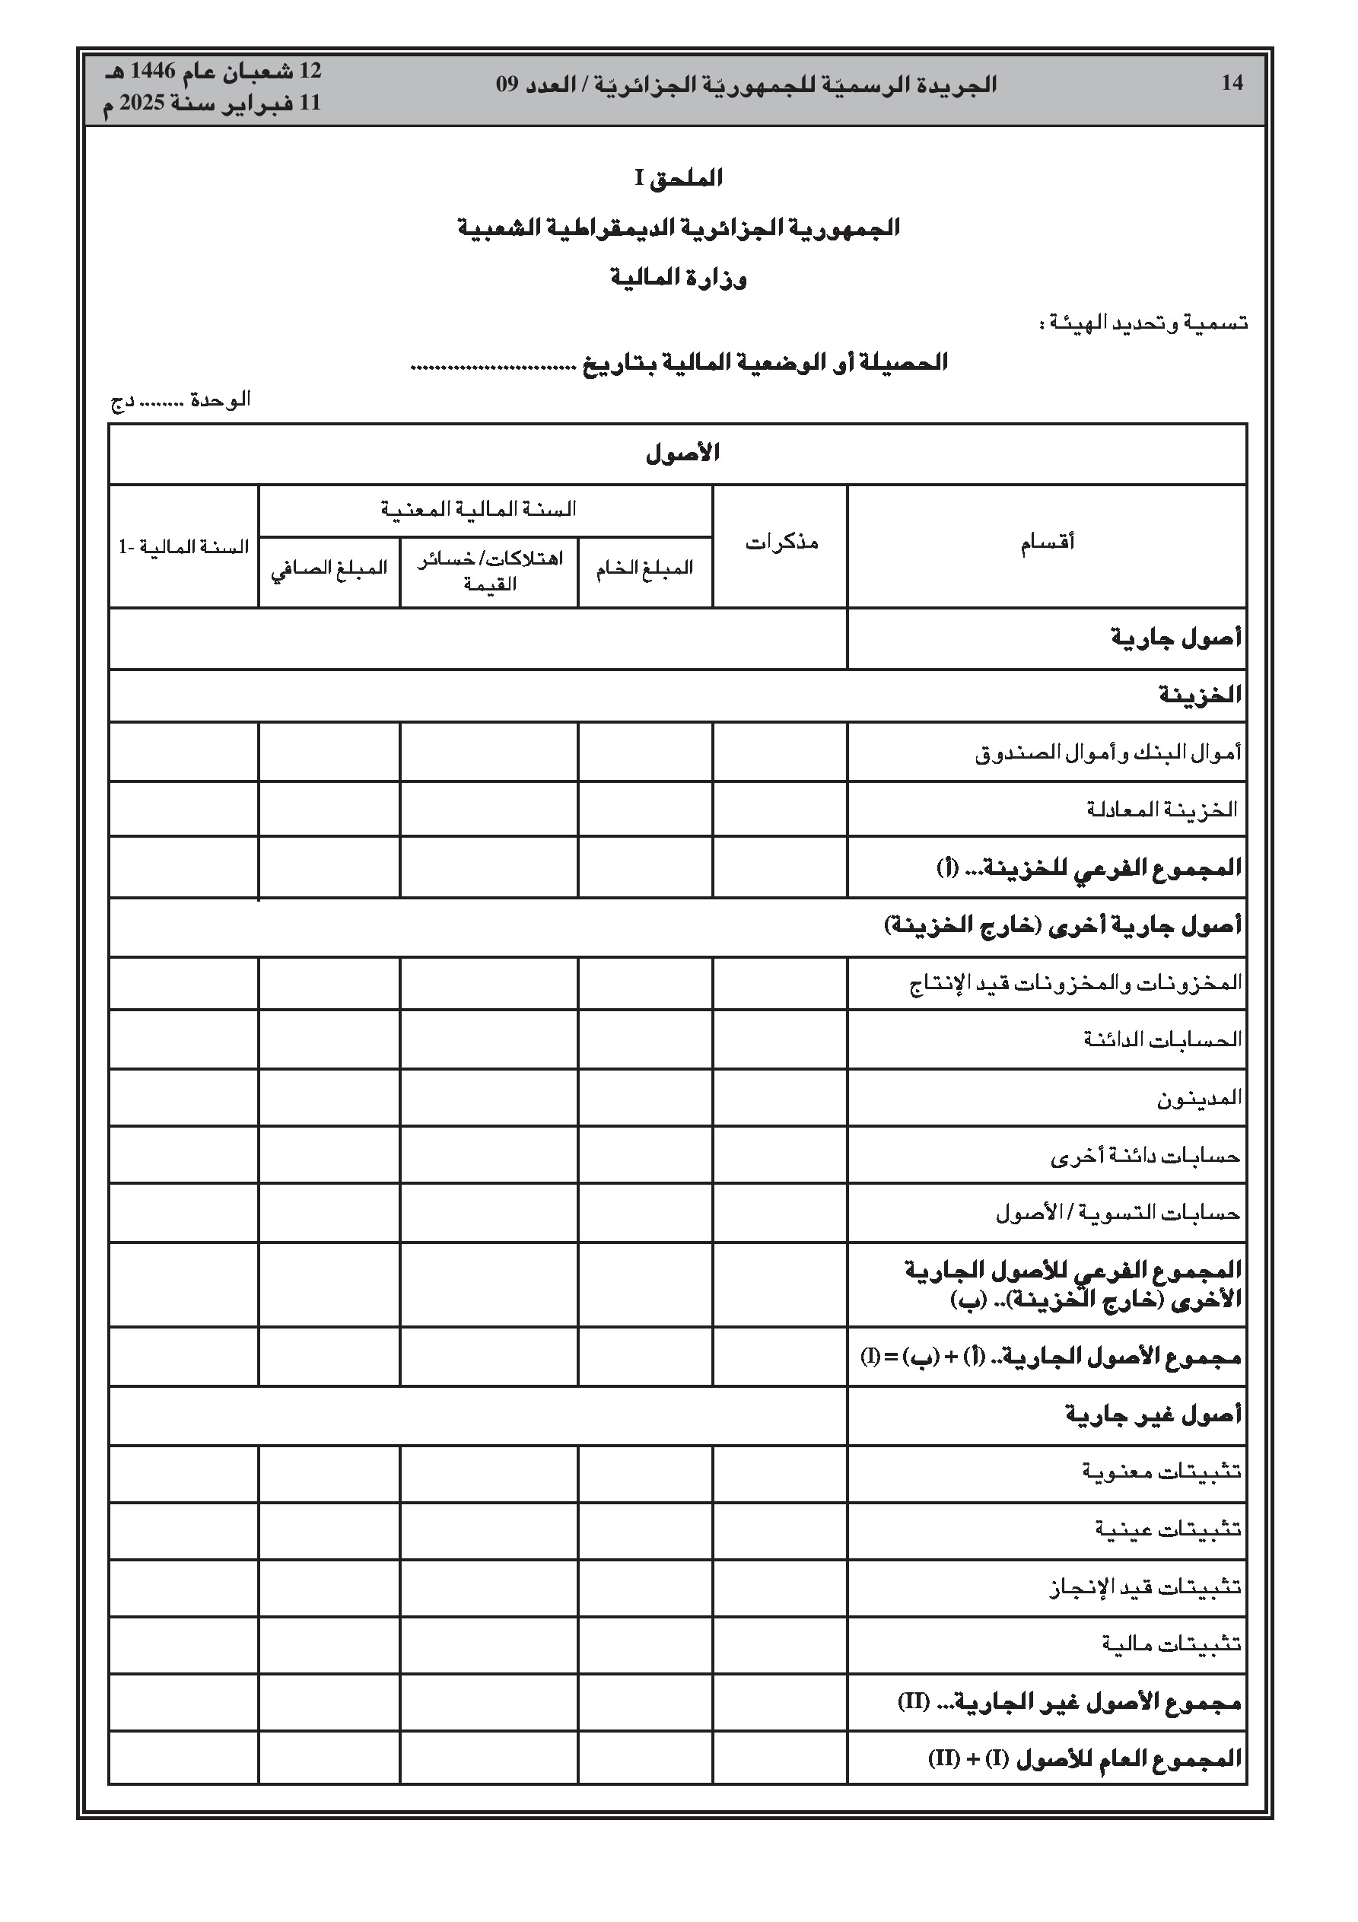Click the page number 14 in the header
coord(1232,83)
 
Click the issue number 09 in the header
coord(507,84)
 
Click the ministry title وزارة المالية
coord(678,278)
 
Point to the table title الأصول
coord(682,453)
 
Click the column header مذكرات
coord(781,543)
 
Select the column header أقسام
coord(1047,543)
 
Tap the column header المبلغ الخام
coord(644,568)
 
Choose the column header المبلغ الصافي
coord(329,568)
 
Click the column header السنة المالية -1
coord(183,548)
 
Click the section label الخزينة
coord(1200,695)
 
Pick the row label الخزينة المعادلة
coord(1162,810)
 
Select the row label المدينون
coord(1199,1097)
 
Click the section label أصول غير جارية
coord(1153,1415)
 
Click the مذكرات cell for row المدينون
coord(780,1097)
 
